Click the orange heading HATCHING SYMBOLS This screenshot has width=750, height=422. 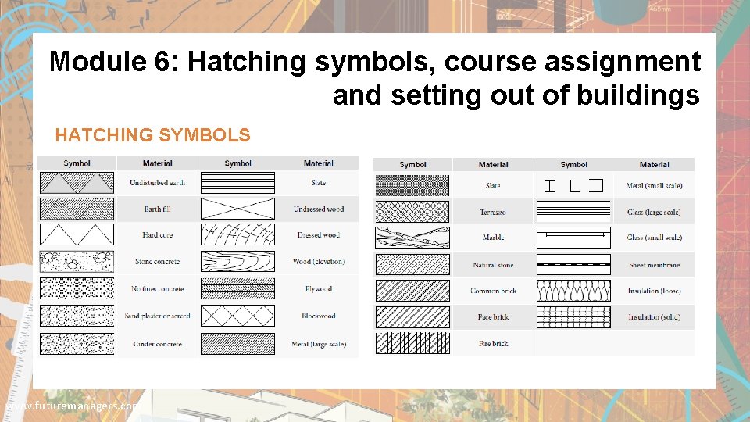pos(152,135)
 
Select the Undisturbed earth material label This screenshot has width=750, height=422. pos(158,183)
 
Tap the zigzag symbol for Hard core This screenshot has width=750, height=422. pos(77,235)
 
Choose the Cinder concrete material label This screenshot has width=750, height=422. pos(157,345)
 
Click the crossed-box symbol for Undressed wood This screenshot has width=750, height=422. pos(237,209)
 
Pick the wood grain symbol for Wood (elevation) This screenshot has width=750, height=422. pos(237,262)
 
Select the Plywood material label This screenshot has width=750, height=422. pos(319,289)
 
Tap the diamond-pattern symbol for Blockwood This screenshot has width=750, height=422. pos(237,316)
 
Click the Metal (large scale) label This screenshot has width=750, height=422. pos(319,345)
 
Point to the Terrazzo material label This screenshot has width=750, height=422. pos(493,213)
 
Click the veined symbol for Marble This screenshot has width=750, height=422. pos(412,238)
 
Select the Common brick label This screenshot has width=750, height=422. pos(493,291)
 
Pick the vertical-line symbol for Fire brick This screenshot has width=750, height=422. pos(412,343)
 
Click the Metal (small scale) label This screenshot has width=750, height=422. pos(654,186)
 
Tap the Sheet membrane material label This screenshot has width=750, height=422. pos(654,265)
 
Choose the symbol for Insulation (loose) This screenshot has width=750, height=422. pos(573,291)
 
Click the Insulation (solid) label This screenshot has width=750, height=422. pos(654,317)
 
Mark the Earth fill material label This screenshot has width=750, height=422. pos(158,209)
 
